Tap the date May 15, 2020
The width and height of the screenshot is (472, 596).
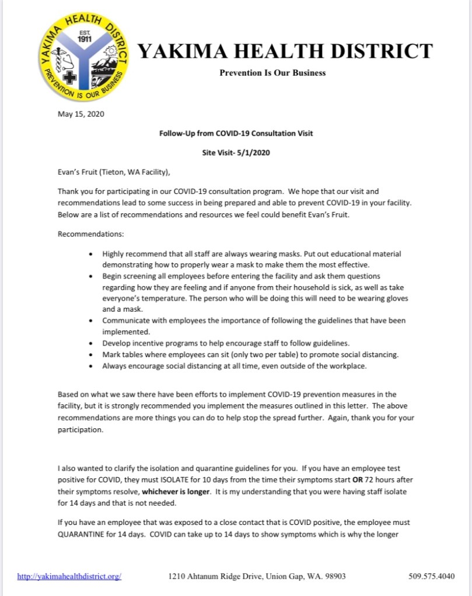point(81,114)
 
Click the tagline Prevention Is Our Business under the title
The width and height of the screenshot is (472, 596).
point(272,73)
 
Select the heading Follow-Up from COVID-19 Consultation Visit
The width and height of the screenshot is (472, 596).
point(236,133)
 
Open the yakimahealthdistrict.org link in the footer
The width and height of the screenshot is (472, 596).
point(69,576)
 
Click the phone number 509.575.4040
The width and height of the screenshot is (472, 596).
point(432,576)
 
